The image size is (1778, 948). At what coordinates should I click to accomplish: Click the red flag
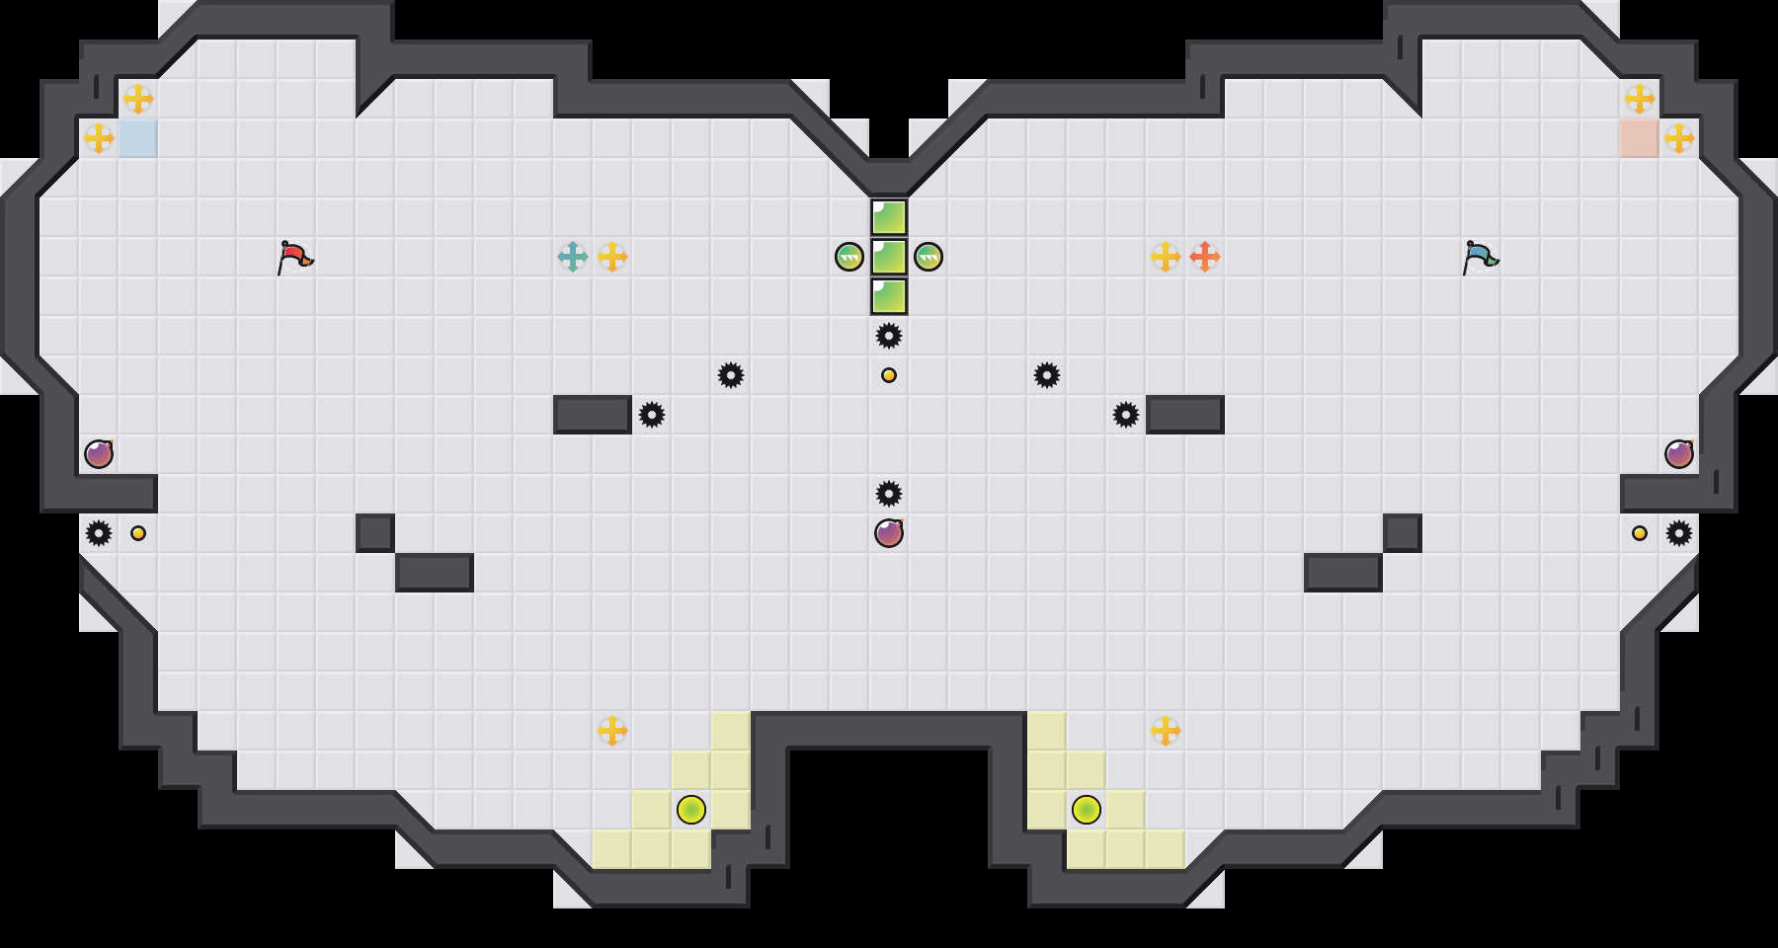click(294, 257)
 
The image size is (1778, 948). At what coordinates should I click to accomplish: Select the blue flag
click(1480, 257)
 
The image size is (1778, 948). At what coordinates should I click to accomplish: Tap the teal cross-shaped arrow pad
click(573, 257)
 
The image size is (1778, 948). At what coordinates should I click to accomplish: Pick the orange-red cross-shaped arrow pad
click(1205, 257)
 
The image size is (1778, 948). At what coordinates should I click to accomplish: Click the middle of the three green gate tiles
click(889, 257)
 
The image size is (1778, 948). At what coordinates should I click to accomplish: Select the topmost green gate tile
click(889, 217)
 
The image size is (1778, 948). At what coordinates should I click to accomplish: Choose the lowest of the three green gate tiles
click(889, 296)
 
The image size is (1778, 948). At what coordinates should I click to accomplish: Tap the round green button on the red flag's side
click(849, 257)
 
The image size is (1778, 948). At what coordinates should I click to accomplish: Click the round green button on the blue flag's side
click(929, 257)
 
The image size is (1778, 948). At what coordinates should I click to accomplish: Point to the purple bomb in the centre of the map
click(889, 533)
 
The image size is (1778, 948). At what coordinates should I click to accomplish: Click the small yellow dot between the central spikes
click(889, 375)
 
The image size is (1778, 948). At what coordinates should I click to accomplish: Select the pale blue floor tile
click(138, 138)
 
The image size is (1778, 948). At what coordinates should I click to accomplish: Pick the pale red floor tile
click(1640, 138)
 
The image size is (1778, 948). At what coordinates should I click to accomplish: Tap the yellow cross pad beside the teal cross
click(612, 257)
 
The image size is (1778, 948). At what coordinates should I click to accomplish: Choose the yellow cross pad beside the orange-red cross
click(1166, 257)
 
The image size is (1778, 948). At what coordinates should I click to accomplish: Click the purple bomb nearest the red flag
click(99, 454)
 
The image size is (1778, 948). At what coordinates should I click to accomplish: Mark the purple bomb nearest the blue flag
click(1679, 454)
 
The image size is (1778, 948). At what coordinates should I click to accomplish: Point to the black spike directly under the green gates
click(889, 336)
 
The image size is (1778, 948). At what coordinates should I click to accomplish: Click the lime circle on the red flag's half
click(691, 810)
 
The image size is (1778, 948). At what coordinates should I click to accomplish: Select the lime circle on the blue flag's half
click(1087, 810)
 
